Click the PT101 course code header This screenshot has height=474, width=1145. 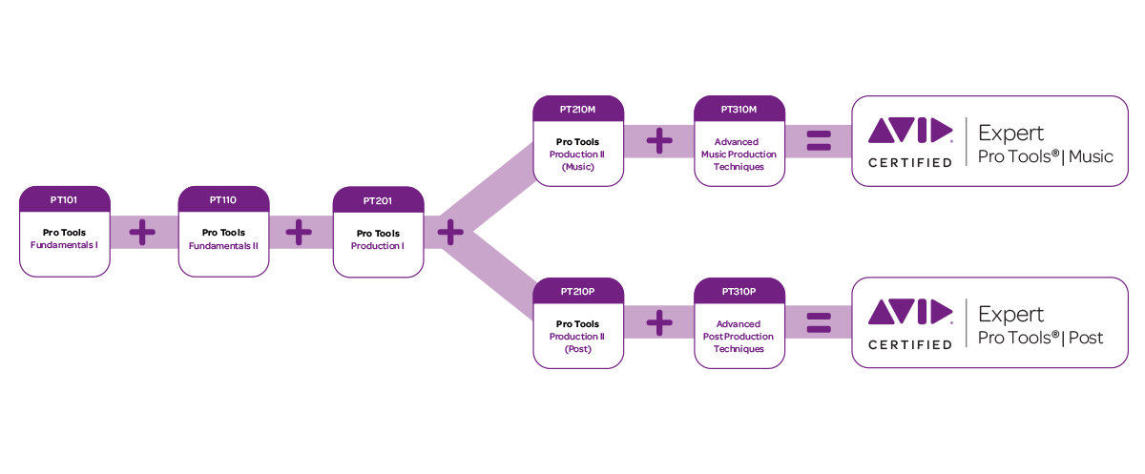point(65,200)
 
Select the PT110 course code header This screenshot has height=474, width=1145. point(223,200)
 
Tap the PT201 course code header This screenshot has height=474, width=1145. point(378,200)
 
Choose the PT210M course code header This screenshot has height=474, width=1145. point(578,110)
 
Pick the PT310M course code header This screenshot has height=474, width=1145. point(739,110)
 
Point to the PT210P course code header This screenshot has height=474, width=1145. point(578,291)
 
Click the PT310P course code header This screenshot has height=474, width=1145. point(739,291)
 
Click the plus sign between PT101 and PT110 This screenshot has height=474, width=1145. point(143,232)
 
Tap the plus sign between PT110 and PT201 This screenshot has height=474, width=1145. point(299,232)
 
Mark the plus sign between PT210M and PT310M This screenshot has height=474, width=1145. point(659,141)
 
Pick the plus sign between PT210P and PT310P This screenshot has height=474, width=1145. point(659,322)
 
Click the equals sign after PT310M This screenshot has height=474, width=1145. point(819,141)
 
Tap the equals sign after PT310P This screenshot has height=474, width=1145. point(819,322)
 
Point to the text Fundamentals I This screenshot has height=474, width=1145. point(65,245)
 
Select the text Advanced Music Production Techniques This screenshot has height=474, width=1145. point(739,154)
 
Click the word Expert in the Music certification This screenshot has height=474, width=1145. point(1011,133)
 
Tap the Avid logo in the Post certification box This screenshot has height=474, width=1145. point(909,312)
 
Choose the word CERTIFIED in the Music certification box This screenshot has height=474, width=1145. point(909,162)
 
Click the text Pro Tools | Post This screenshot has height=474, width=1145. point(1041,338)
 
